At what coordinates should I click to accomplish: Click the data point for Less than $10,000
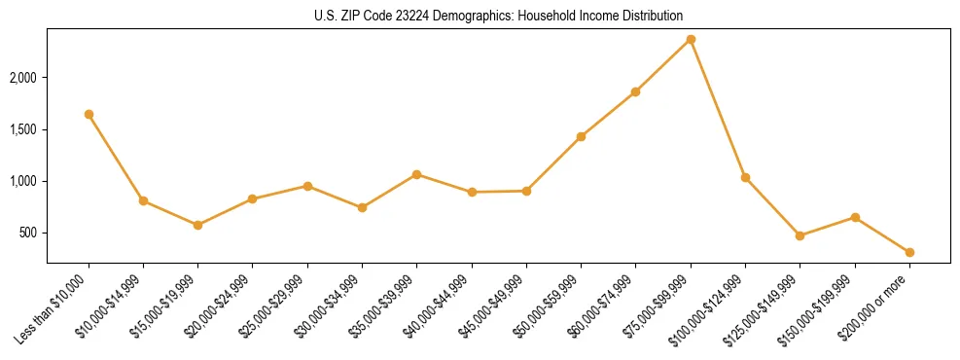click(x=89, y=114)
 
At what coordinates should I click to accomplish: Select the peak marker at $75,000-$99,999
click(x=691, y=39)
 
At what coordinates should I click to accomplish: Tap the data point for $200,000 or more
click(x=909, y=252)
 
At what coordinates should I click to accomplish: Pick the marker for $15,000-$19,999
click(x=197, y=225)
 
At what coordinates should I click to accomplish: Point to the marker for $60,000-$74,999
click(x=635, y=91)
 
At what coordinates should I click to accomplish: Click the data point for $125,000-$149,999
click(x=800, y=235)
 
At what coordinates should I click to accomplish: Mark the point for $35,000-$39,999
click(x=416, y=174)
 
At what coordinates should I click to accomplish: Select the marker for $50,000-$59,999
click(x=581, y=136)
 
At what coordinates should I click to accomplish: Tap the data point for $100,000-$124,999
click(x=745, y=177)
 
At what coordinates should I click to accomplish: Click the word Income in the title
click(x=608, y=16)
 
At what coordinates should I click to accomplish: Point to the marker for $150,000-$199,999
click(x=855, y=217)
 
